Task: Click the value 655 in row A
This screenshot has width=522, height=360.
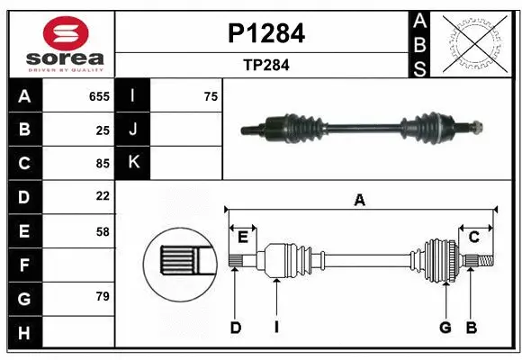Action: coord(99,96)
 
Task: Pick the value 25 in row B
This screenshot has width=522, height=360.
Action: coord(103,130)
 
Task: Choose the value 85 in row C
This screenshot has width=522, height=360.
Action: coord(103,164)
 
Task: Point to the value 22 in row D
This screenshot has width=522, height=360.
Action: coord(103,196)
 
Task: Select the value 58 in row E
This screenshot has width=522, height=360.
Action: coord(103,231)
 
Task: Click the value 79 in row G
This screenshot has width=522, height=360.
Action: coord(103,297)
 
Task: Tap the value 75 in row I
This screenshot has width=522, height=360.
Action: coord(211,96)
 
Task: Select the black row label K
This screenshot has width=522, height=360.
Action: coord(133,163)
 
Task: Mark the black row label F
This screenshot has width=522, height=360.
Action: coord(24,265)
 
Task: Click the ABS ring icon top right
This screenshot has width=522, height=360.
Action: coord(475,42)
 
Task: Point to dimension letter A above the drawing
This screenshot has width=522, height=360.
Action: coord(360,200)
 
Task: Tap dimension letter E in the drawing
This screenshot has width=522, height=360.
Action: coord(243,237)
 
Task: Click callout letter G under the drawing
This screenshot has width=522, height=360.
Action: coord(445,328)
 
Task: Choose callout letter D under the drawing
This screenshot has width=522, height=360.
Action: coord(235,328)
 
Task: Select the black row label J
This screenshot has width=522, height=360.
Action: coord(133,130)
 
